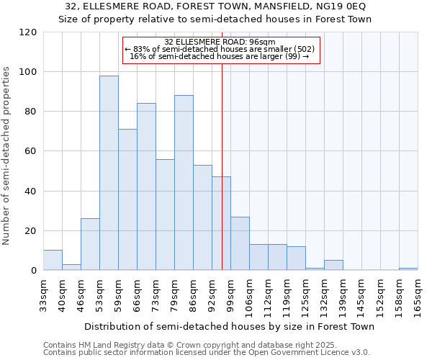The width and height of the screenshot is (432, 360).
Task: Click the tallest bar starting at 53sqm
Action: (109, 173)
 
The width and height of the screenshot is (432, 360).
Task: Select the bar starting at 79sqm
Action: (184, 183)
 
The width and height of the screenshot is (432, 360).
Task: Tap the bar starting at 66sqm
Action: (146, 186)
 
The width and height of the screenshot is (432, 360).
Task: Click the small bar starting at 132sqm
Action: (333, 265)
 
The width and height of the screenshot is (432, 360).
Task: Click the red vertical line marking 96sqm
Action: (222, 166)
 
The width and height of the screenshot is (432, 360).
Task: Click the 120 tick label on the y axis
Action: (28, 32)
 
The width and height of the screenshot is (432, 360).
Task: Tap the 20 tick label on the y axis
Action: (31, 231)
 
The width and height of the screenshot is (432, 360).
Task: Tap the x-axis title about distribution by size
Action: (230, 326)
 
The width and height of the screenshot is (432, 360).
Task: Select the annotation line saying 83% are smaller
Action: (220, 49)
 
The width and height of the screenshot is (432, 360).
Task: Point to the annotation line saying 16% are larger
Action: (220, 56)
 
